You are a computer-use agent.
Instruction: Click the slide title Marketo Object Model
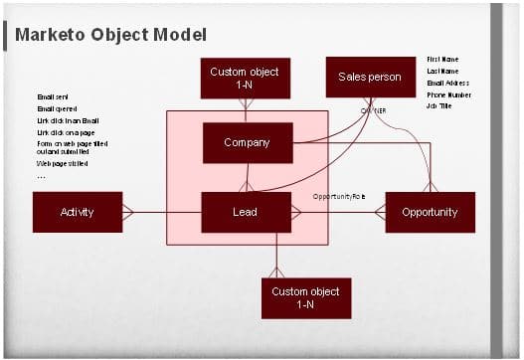pyautogui.click(x=110, y=35)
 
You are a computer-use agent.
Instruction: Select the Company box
pyautogui.click(x=247, y=142)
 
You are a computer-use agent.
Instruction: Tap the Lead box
pyautogui.click(x=245, y=212)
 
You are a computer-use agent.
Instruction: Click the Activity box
pyautogui.click(x=77, y=212)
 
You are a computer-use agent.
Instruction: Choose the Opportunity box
pyautogui.click(x=430, y=212)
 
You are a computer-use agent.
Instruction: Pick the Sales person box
pyautogui.click(x=370, y=77)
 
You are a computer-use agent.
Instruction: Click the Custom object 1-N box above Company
pyautogui.click(x=245, y=78)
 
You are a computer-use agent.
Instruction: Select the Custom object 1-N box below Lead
pyautogui.click(x=305, y=297)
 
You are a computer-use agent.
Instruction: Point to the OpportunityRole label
pyautogui.click(x=339, y=196)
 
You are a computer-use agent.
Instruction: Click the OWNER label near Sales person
pyautogui.click(x=373, y=110)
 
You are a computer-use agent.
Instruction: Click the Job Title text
pyautogui.click(x=439, y=105)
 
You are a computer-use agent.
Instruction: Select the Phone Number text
pyautogui.click(x=448, y=94)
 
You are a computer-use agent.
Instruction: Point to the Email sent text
pyautogui.click(x=51, y=96)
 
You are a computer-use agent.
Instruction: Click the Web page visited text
pyautogui.click(x=63, y=163)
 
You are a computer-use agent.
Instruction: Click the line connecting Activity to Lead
pyautogui.click(x=164, y=212)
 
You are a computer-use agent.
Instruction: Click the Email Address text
pyautogui.click(x=448, y=83)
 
